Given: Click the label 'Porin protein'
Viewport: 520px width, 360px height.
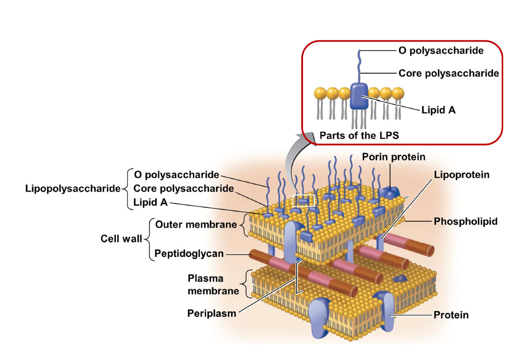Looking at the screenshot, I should [393, 157].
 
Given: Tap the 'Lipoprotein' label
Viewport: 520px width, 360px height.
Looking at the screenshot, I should [462, 175].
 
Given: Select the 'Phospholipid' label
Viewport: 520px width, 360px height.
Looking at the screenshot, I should [465, 221].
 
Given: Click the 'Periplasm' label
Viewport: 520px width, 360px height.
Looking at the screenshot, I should [211, 313].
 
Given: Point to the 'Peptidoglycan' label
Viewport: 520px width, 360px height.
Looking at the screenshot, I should [189, 253].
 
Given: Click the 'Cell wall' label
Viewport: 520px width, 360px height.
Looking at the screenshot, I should [121, 239].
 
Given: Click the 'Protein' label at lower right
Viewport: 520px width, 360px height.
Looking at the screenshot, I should [451, 315].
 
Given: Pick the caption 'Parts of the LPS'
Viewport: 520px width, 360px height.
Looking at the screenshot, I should [359, 135].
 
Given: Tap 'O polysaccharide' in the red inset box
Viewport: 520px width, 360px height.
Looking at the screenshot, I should [441, 51].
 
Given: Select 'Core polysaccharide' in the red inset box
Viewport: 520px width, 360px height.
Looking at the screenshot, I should [448, 73].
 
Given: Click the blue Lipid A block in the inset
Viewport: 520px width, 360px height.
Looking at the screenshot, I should [359, 96].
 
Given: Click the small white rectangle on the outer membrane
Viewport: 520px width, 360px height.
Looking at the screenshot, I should [303, 200].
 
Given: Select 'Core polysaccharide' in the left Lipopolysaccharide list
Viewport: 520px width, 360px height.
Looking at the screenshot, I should [183, 188].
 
